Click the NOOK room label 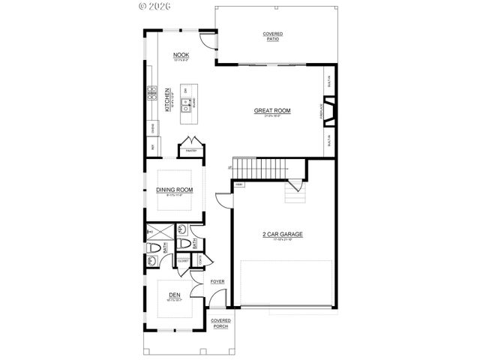(181, 55)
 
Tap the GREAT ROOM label (271, 111)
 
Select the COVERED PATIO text (272, 37)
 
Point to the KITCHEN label (168, 98)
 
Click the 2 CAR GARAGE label (282, 235)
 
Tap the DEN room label (174, 295)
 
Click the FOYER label (217, 281)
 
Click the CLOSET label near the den (182, 261)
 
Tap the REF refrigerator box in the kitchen (152, 147)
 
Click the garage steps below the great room (295, 194)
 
